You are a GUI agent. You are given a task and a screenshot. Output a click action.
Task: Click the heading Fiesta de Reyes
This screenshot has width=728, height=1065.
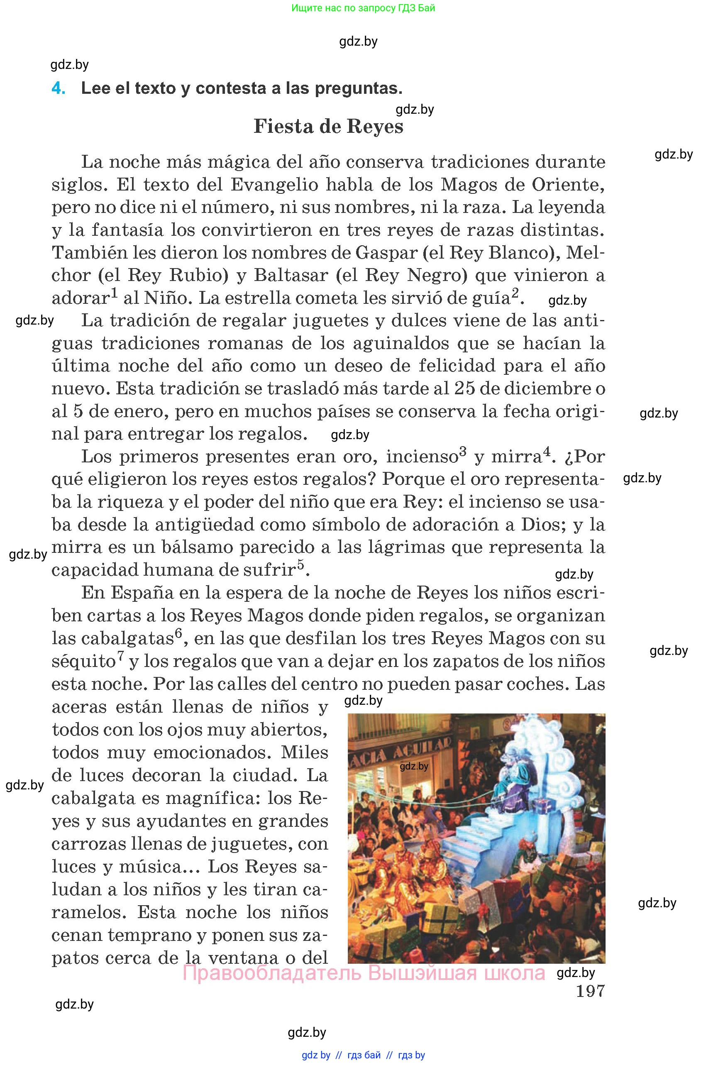tap(328, 127)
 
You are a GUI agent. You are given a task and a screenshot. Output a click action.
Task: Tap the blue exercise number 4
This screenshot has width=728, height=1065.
tap(58, 88)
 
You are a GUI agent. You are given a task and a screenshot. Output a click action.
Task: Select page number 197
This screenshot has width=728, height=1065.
tap(590, 991)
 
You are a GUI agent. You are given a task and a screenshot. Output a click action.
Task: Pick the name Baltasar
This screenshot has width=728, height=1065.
tap(291, 276)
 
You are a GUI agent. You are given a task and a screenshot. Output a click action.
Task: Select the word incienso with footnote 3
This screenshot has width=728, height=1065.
tap(422, 457)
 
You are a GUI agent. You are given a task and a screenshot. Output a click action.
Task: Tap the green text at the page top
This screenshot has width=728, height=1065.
tap(363, 8)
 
